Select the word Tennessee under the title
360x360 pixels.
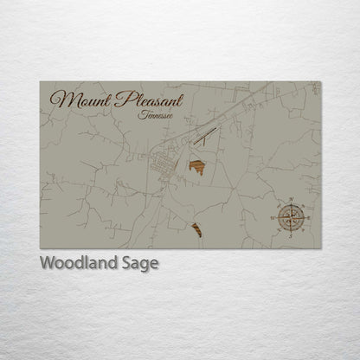155,114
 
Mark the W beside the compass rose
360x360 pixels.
276,215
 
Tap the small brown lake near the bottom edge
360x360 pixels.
196,229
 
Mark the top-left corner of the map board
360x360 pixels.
40,82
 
